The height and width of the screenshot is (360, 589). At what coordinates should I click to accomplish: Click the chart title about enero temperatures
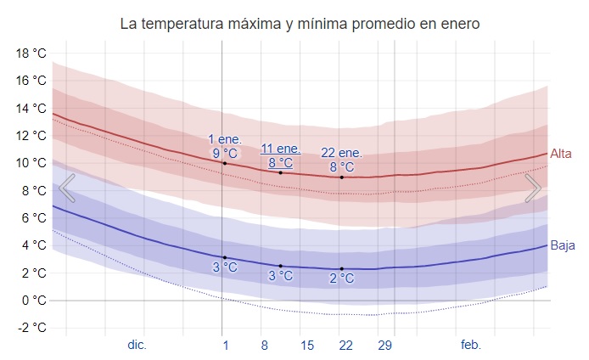tap(300, 24)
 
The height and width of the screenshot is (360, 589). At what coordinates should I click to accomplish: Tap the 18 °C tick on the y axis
tap(31, 53)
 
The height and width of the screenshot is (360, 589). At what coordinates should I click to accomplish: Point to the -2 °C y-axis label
tap(31, 328)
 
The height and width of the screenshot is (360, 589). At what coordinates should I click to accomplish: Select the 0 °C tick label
tap(33, 301)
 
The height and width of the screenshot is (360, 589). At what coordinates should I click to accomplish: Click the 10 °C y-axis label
tap(31, 163)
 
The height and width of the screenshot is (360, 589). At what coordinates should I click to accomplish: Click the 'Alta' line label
tap(561, 154)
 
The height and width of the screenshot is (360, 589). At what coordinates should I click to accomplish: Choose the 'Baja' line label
tap(563, 246)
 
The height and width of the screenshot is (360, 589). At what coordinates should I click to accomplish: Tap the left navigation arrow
tap(66, 188)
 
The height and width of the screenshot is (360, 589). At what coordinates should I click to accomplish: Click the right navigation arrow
tap(533, 188)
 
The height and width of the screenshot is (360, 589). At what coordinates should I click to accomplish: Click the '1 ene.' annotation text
tap(225, 139)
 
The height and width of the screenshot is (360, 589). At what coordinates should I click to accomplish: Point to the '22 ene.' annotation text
tap(341, 153)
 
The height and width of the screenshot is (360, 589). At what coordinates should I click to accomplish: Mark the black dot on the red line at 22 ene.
tap(341, 177)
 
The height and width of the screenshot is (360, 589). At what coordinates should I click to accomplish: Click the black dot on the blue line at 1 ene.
tap(224, 257)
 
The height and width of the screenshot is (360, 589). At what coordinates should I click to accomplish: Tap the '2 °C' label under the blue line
tap(341, 278)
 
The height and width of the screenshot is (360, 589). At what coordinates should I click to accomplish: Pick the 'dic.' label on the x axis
tap(137, 345)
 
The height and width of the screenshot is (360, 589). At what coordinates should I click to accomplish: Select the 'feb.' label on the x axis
tap(470, 345)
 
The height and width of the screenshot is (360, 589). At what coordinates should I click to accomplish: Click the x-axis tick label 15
tap(307, 345)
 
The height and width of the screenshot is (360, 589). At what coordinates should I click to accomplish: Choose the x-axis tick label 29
tap(384, 345)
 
